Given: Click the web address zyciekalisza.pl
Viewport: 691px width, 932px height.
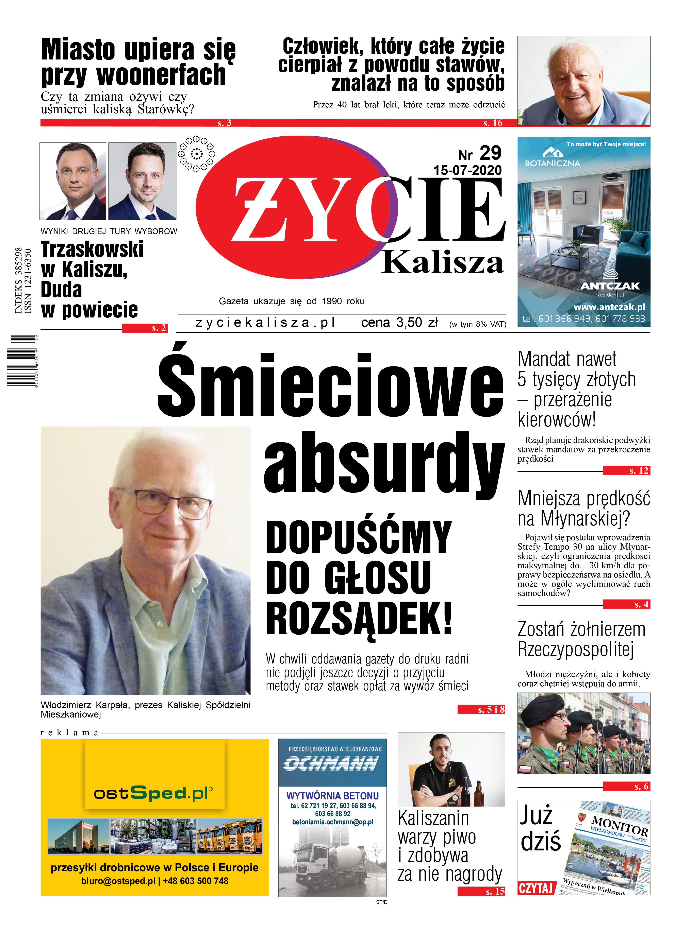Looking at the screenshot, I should click(266, 323).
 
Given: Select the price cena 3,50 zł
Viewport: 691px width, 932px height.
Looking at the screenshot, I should click(399, 323).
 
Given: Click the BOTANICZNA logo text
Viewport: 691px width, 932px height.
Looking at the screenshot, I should click(552, 163).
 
